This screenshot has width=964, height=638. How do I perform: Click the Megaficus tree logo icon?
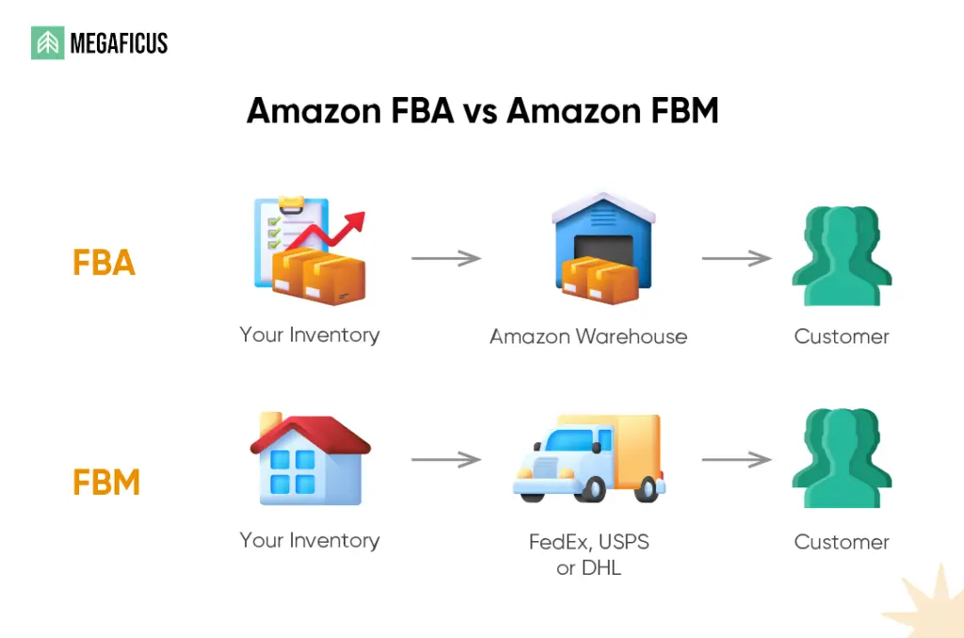[47, 43]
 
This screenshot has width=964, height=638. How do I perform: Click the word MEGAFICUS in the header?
[119, 43]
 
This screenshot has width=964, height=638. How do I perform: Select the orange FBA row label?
[104, 263]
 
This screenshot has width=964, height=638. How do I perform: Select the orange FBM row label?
[105, 483]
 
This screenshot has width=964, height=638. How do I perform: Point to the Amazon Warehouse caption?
[588, 336]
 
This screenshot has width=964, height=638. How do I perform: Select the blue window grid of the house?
[293, 472]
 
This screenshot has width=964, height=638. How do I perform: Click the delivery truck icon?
[589, 458]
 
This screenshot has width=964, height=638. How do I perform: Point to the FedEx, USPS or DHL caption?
[588, 555]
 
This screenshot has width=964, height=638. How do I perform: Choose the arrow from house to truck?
[446, 460]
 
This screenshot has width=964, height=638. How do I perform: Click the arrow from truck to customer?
[736, 460]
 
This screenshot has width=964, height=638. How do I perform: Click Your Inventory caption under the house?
[309, 540]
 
